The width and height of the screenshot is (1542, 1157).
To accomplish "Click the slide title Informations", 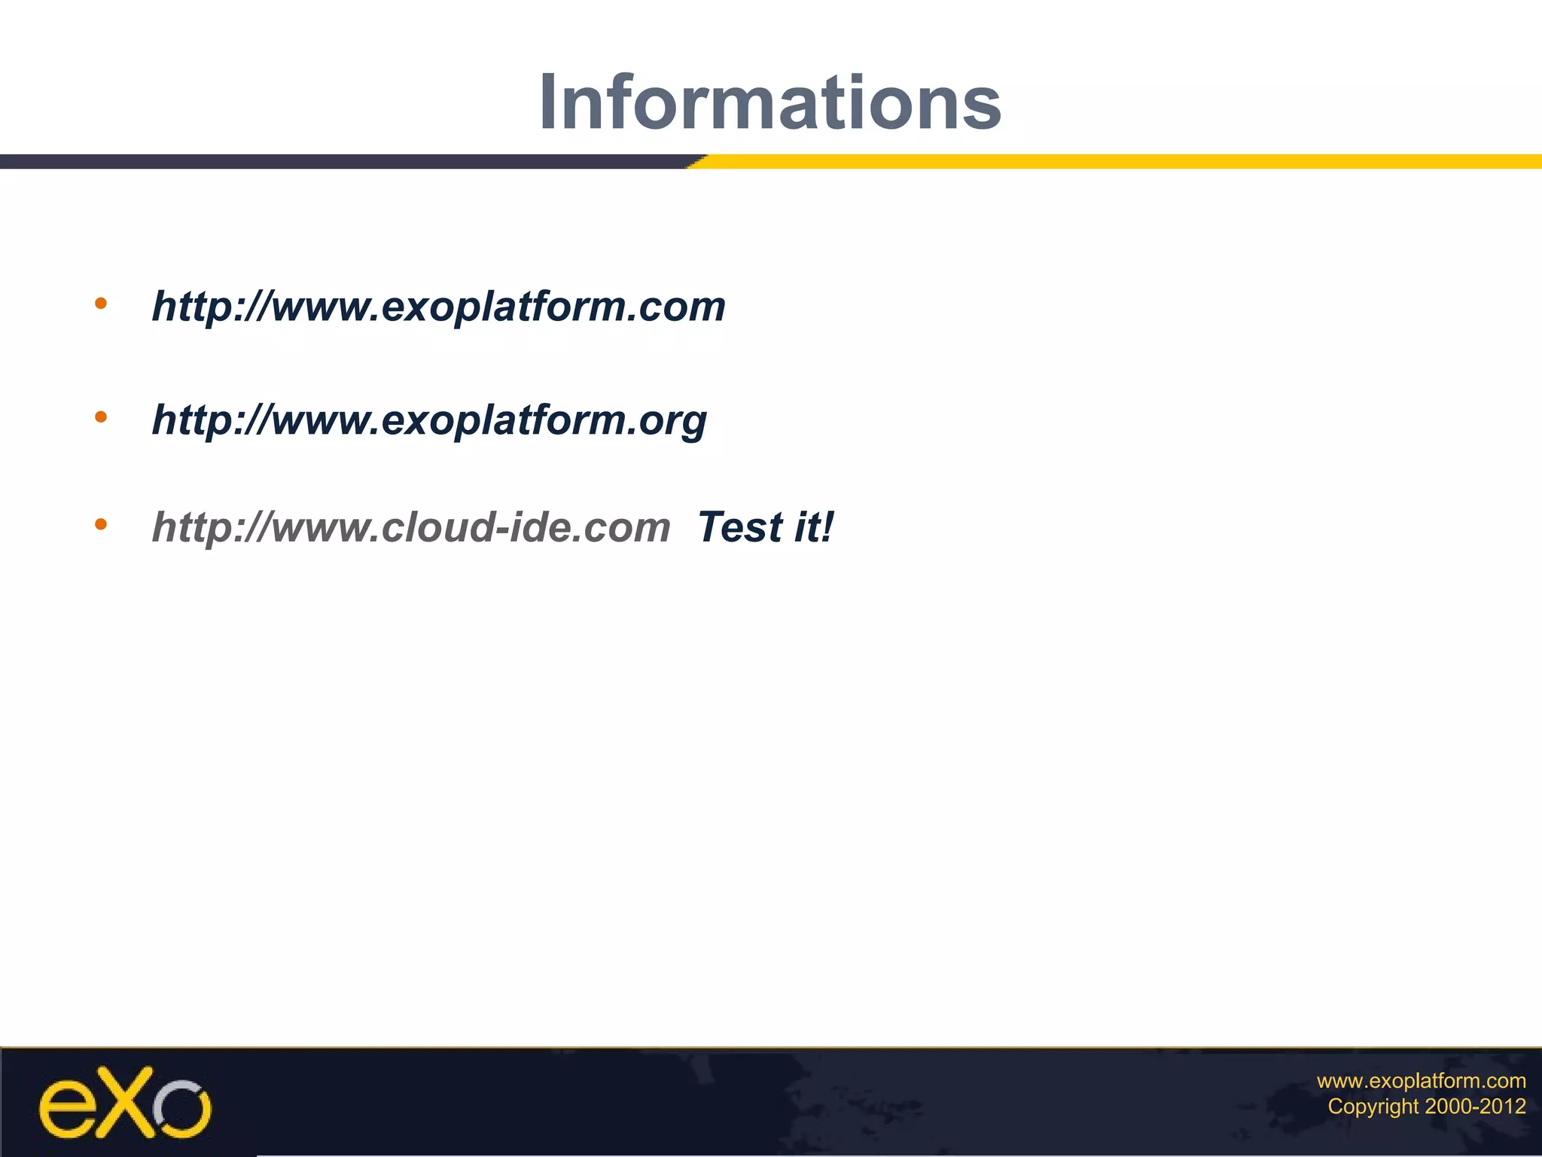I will point(769,102).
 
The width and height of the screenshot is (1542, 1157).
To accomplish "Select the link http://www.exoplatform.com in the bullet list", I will point(438,307).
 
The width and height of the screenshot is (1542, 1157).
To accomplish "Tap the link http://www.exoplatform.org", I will point(429,420).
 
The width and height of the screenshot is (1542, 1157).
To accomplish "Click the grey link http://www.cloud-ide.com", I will point(411,527).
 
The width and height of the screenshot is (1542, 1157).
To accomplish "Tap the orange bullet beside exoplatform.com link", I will point(101,304).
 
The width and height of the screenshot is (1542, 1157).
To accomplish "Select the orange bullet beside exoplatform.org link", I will point(101,417).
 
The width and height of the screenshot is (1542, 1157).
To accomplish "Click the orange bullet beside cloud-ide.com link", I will point(101,524).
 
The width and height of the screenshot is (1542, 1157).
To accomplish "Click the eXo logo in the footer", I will point(125,1102).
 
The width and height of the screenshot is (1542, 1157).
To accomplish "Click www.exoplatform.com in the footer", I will point(1421,1081).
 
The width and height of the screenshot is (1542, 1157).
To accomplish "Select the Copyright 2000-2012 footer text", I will point(1426,1107).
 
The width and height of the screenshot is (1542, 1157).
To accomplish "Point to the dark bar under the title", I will point(339,161).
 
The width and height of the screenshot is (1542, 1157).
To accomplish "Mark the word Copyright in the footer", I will point(1373,1107).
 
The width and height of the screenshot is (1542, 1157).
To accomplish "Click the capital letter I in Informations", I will point(549,102).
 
